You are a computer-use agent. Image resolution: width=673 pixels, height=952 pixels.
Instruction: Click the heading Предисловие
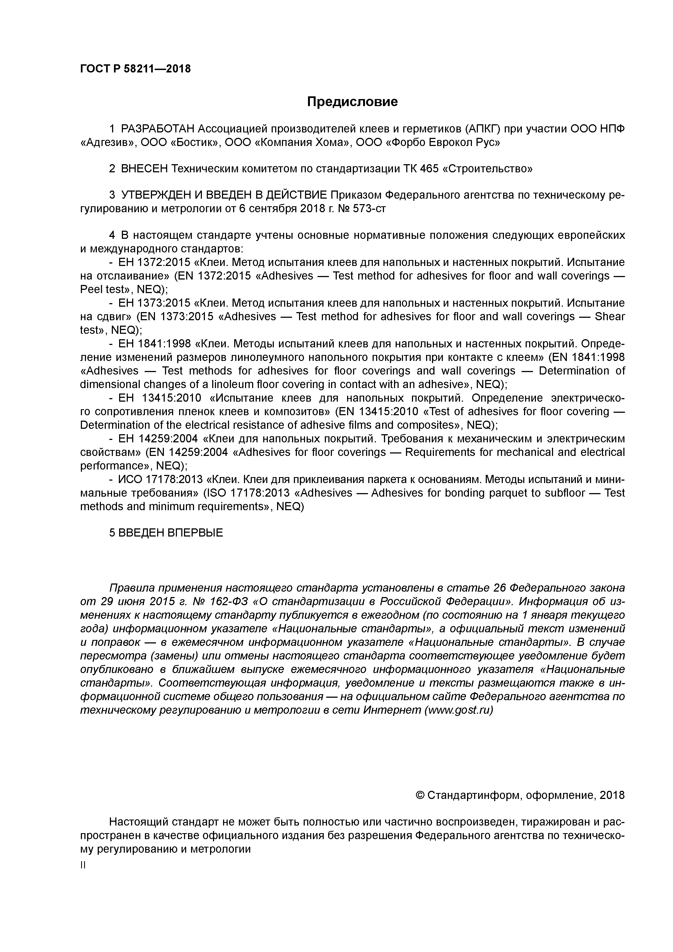coord(352,101)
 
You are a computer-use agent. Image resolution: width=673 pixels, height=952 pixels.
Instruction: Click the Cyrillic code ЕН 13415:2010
coord(159,398)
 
